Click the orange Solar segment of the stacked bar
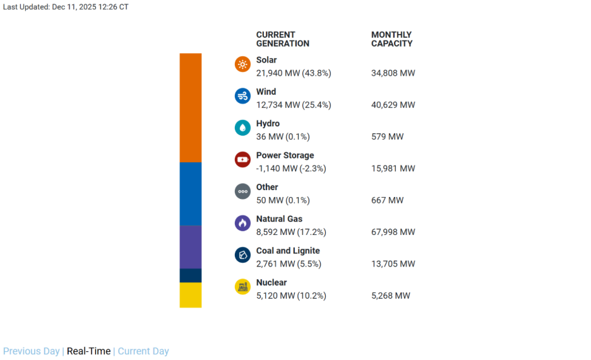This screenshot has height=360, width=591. (190, 107)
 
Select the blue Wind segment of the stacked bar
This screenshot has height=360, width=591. (190, 194)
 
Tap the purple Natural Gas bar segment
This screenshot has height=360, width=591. (190, 247)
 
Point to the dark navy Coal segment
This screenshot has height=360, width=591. (190, 275)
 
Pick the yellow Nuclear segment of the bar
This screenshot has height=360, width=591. (190, 295)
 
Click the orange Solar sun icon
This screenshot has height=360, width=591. (242, 64)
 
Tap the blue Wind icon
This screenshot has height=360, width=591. (242, 96)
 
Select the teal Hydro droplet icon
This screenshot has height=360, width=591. (242, 128)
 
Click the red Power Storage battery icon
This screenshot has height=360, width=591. (242, 160)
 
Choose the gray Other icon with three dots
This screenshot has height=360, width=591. (242, 191)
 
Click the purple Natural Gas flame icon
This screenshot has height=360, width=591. (242, 223)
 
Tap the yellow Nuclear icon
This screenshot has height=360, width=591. (242, 287)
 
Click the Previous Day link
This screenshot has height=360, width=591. (32, 351)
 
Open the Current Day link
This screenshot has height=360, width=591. (143, 351)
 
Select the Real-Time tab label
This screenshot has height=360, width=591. (88, 351)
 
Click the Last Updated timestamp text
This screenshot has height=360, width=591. (66, 7)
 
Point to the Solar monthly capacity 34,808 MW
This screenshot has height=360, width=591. (393, 73)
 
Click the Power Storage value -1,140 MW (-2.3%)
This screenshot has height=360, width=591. (291, 169)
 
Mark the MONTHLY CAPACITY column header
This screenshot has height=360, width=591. (391, 39)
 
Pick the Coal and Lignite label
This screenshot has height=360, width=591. (288, 251)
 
